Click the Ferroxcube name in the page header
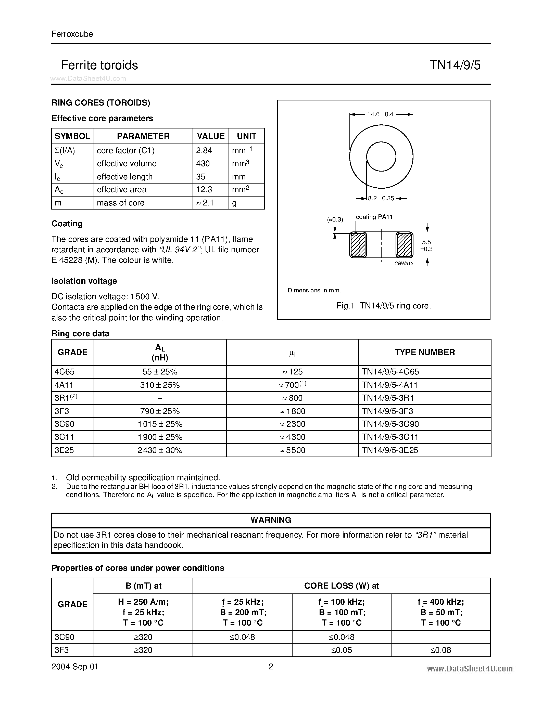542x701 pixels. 72,34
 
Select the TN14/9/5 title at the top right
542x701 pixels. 455,65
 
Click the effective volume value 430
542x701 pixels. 203,164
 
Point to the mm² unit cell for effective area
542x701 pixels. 241,190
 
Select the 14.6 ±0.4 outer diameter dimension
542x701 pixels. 380,114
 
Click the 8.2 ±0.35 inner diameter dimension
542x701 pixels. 381,198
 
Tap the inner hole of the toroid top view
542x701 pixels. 381,157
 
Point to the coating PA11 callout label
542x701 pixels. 374,217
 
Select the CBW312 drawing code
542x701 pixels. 404,264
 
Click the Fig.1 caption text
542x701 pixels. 383,306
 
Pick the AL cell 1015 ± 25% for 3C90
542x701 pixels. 160,424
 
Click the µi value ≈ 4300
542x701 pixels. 292,437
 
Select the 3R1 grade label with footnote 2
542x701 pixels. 66,398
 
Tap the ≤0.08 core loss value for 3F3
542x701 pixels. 440,650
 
